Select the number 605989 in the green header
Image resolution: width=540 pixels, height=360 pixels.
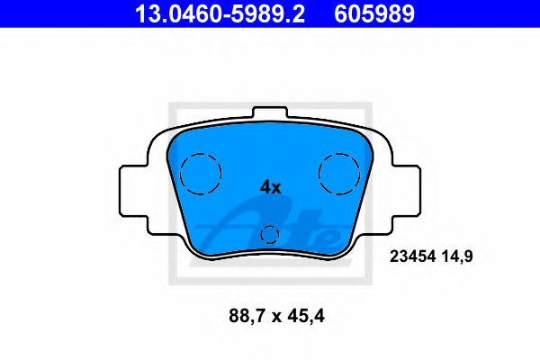tap(376, 13)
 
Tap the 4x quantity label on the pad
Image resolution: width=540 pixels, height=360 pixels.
tap(270, 187)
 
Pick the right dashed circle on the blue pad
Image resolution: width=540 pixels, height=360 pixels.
tap(340, 170)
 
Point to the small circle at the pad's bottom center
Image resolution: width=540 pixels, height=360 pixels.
tap(270, 236)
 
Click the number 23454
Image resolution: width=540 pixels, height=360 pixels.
tap(410, 256)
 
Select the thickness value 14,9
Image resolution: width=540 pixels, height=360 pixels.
tap(456, 256)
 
